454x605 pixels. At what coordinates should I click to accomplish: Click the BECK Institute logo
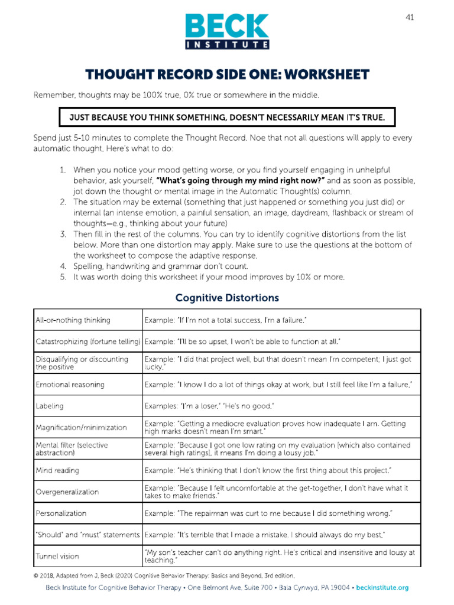(228, 30)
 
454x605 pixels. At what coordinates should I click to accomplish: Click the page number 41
(410, 17)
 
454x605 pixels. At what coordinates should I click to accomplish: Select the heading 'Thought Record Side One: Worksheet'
(227, 75)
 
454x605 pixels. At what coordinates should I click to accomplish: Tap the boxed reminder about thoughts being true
(227, 118)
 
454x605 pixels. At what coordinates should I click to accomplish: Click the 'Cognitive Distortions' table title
(227, 298)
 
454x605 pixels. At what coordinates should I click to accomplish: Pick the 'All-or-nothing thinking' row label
(73, 320)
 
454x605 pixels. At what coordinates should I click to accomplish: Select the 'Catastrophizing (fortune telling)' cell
(87, 342)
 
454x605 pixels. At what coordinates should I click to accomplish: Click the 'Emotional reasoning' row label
(70, 385)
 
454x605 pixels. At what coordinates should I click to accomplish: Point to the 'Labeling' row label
(50, 406)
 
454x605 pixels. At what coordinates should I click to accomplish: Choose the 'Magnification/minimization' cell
(81, 427)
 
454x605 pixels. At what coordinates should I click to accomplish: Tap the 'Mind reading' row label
(57, 471)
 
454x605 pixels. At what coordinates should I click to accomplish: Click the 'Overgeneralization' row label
(67, 492)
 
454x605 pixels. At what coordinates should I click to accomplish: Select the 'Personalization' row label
(61, 513)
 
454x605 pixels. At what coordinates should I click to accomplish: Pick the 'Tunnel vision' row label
(57, 556)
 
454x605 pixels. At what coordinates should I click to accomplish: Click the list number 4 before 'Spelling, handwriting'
(63, 266)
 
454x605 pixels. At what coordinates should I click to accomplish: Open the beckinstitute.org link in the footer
(380, 588)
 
